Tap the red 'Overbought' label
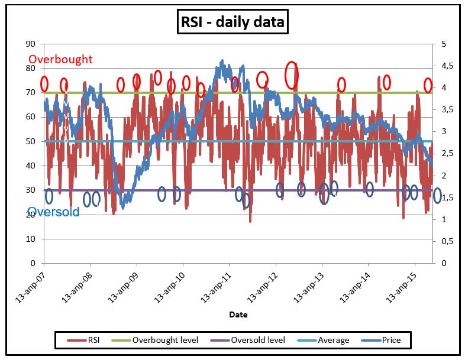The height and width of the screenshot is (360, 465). (61, 59)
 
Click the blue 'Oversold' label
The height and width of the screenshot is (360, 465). (54, 212)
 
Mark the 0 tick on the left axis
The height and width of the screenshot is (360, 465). (33, 263)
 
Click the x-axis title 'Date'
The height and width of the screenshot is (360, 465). (238, 314)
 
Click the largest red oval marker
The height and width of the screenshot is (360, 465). (292, 75)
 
